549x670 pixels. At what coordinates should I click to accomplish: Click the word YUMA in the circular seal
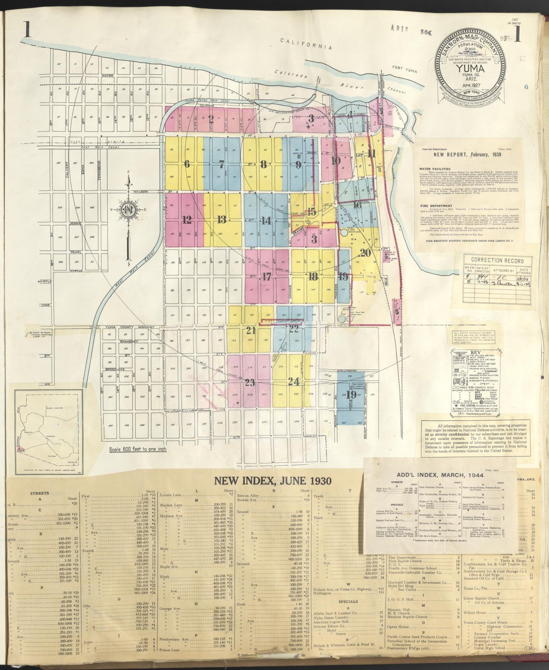[470, 70]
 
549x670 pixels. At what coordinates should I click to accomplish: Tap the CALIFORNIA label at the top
[306, 44]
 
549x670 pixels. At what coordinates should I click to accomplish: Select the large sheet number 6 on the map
[186, 164]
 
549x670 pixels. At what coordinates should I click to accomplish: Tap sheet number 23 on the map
[249, 382]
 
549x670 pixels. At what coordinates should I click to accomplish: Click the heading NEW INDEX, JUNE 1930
[272, 481]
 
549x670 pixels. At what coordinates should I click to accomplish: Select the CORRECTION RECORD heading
[497, 261]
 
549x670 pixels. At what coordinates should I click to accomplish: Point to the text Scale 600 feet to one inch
[138, 449]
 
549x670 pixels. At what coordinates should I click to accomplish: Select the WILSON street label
[141, 192]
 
